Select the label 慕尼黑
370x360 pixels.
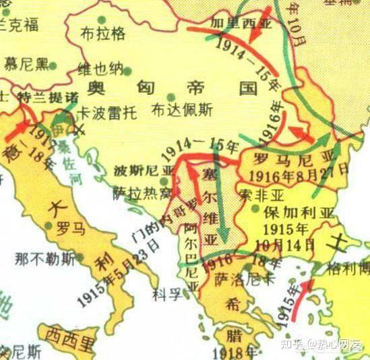[x=26, y=65]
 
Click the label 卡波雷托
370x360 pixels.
[x=106, y=111]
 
